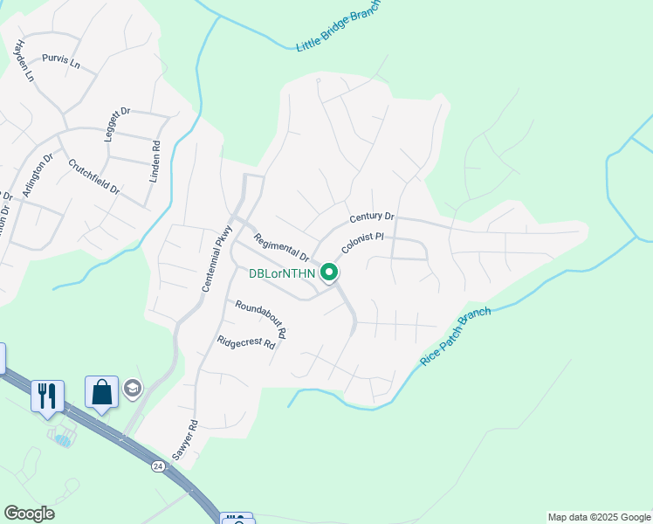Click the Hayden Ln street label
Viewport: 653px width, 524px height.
23,61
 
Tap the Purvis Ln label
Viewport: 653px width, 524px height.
60,63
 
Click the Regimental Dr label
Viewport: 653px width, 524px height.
281,248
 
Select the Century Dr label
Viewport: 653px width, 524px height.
372,217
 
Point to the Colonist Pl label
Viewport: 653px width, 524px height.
363,243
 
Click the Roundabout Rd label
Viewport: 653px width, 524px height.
260,320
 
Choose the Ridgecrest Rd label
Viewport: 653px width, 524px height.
246,343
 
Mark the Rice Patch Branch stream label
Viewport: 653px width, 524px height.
456,336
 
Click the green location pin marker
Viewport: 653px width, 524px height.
329,273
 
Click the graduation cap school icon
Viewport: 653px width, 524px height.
133,389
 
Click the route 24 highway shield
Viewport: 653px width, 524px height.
157,466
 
